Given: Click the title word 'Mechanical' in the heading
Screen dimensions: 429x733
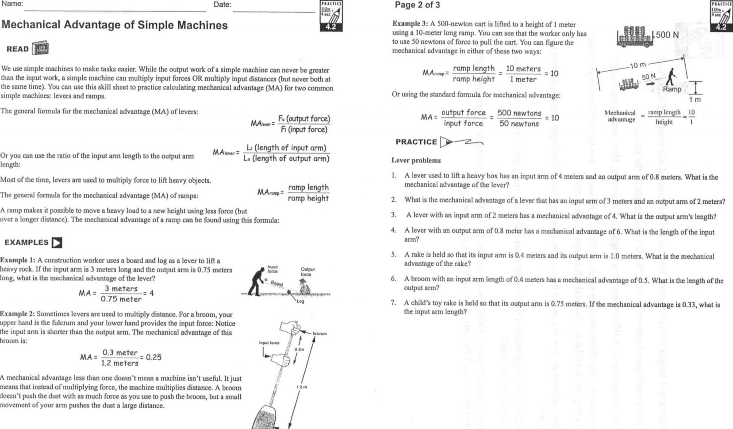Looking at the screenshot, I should pyautogui.click(x=31, y=25).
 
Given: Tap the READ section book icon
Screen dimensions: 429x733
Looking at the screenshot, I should pyautogui.click(x=40, y=49).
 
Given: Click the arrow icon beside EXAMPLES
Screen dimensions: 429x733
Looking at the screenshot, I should pyautogui.click(x=57, y=243).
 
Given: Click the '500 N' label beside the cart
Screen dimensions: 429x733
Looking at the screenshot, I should pyautogui.click(x=667, y=35).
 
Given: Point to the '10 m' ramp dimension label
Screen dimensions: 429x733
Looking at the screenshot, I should pyautogui.click(x=638, y=65).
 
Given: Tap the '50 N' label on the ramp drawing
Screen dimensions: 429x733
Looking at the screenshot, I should pyautogui.click(x=649, y=77).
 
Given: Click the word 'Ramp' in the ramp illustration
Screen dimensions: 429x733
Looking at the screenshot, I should pyautogui.click(x=672, y=89).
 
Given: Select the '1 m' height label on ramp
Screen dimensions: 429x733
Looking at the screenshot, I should pyautogui.click(x=695, y=100).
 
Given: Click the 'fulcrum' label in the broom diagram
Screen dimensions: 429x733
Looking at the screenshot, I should pyautogui.click(x=319, y=333).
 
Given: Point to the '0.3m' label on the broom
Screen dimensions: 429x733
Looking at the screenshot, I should pyautogui.click(x=299, y=349).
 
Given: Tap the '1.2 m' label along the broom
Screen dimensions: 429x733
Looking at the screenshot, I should pyautogui.click(x=301, y=387).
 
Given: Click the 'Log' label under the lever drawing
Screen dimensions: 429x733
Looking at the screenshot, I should pyautogui.click(x=300, y=301).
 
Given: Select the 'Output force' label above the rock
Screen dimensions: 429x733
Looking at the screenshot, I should pyautogui.click(x=307, y=272).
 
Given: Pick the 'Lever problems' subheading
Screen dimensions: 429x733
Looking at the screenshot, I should pyautogui.click(x=416, y=161).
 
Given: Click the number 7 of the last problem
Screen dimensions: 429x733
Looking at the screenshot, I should pyautogui.click(x=393, y=303).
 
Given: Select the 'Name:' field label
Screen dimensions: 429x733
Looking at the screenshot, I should pyautogui.click(x=12, y=4).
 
